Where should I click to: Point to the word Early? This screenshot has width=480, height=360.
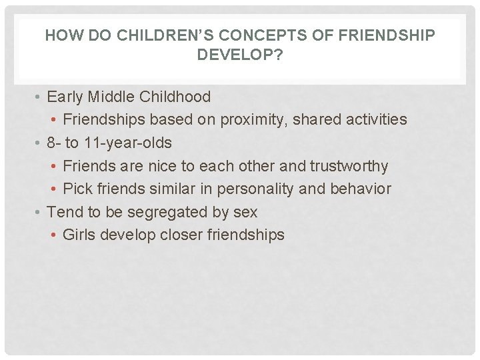(x=64, y=97)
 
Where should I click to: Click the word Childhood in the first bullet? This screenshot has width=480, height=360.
(x=175, y=97)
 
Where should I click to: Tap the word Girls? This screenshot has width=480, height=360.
(x=79, y=235)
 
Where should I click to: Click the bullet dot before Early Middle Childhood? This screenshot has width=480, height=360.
(x=41, y=97)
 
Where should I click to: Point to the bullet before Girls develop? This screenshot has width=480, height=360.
(x=55, y=235)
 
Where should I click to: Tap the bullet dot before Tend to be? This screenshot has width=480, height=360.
(x=41, y=213)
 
